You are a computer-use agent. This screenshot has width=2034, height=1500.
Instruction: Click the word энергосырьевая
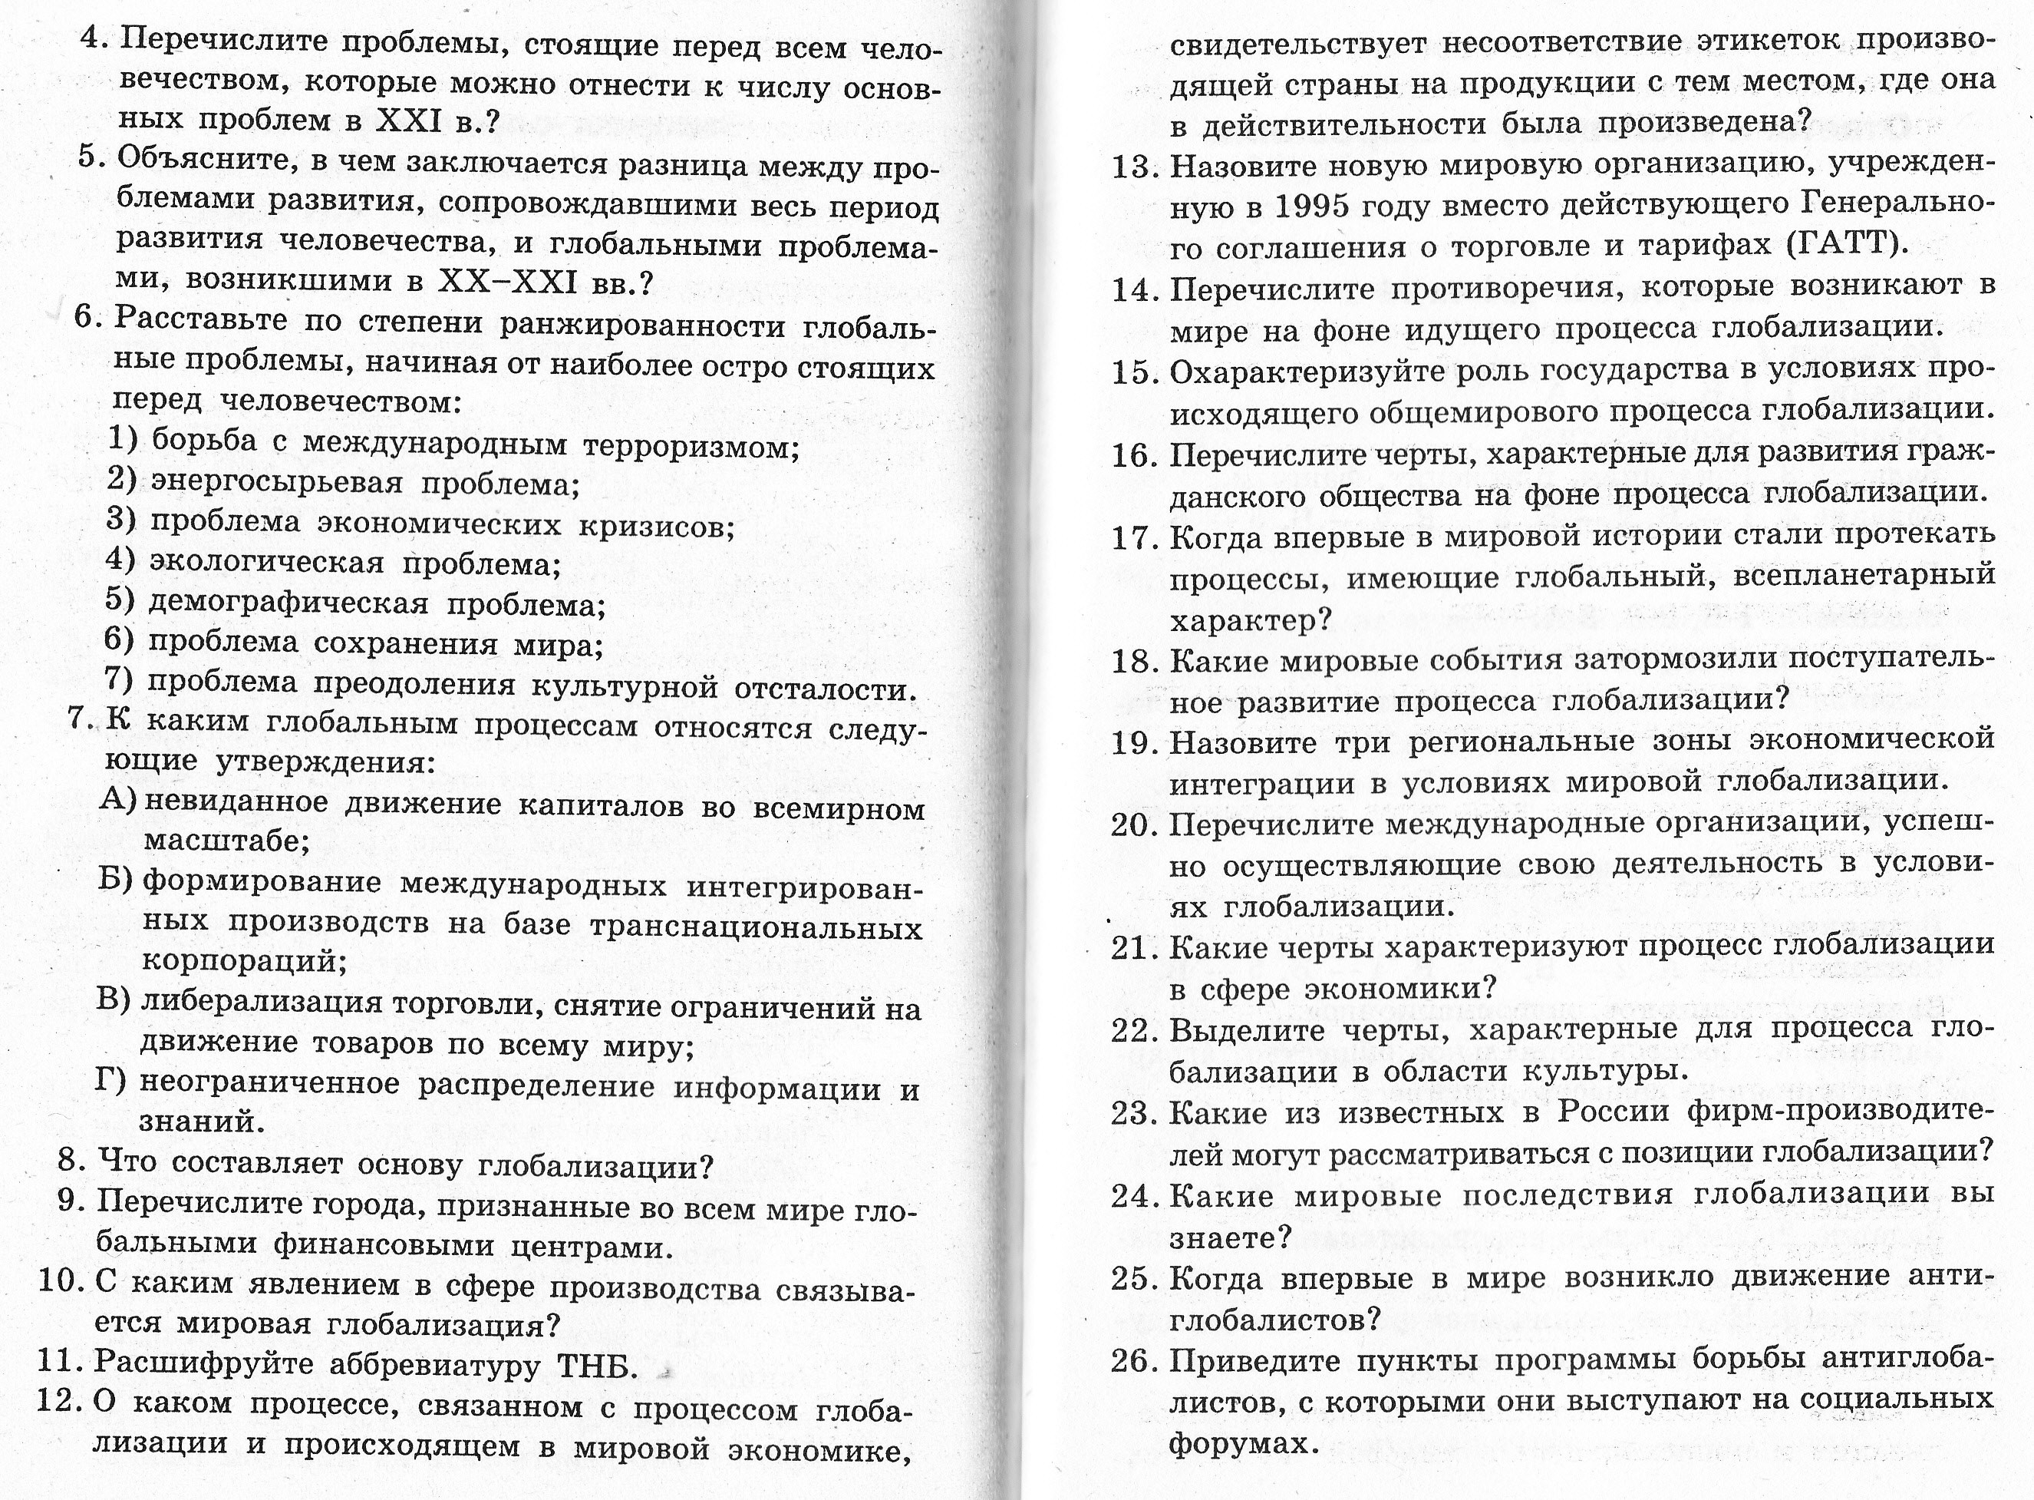(x=276, y=484)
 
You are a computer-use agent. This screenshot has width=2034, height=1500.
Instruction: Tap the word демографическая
(x=287, y=604)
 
